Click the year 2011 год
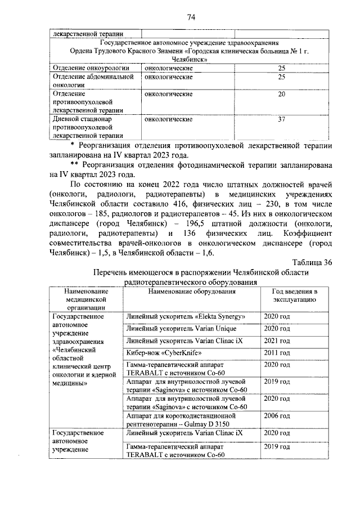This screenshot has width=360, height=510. click(277, 353)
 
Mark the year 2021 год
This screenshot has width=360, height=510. click(277, 341)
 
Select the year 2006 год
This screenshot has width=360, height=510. click(277, 416)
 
